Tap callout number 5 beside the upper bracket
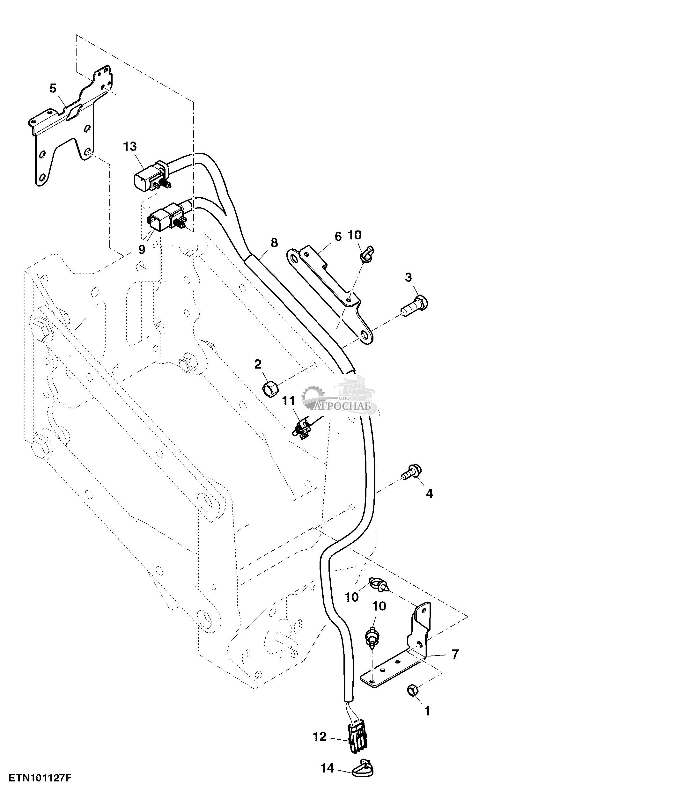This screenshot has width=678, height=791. click(x=53, y=88)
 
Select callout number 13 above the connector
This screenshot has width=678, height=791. click(x=130, y=146)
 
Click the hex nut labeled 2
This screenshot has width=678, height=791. click(x=270, y=389)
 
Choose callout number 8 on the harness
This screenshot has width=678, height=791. click(x=274, y=243)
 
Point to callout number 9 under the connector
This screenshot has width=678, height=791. click(x=142, y=249)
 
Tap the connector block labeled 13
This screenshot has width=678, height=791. click(x=153, y=175)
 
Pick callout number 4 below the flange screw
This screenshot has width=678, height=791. click(x=429, y=494)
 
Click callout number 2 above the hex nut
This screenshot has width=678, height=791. click(x=258, y=365)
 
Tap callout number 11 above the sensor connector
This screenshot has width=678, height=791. click(x=289, y=401)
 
